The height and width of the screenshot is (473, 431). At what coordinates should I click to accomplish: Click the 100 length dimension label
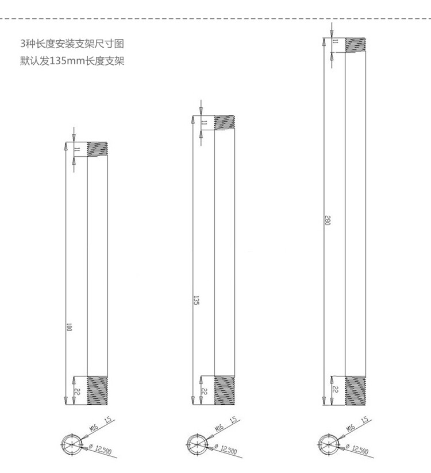coord(69,328)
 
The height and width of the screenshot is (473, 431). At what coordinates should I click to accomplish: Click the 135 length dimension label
coord(196,300)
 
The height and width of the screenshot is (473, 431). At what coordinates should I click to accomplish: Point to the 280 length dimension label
coord(326,220)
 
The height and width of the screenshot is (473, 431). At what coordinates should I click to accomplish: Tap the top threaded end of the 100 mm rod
coord(98,149)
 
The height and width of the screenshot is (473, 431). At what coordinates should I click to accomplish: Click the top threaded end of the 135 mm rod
coord(225,122)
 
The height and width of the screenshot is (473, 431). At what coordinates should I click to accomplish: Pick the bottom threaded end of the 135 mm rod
coord(225,390)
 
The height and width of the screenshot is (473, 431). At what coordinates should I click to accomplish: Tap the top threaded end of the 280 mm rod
coord(355,44)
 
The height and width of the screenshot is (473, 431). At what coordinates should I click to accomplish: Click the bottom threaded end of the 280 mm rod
coord(355,390)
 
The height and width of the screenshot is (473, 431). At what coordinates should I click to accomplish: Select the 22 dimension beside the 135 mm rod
coord(203,390)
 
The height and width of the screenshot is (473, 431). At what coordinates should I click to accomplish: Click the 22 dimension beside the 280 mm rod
coord(335,390)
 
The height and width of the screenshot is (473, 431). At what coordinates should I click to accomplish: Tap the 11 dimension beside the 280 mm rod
coord(335,41)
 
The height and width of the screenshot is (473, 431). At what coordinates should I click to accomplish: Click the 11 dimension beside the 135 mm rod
coord(203,122)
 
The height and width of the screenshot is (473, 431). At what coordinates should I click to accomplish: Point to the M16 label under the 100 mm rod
coord(93,428)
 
